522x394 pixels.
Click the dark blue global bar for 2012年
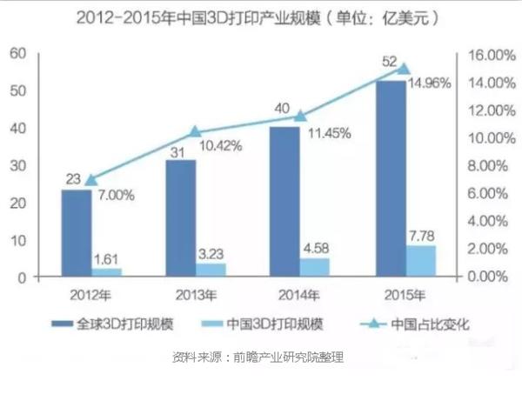76,232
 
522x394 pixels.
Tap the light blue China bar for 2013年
210,270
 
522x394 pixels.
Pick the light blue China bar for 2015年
421,260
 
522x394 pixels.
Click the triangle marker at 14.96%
404,69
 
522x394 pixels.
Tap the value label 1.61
104,259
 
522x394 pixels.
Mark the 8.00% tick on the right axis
487,165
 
